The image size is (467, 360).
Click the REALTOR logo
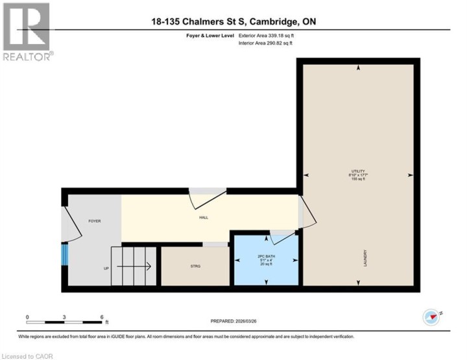coord(27,32)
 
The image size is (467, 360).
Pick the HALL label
coord(204,218)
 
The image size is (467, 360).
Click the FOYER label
coord(95,221)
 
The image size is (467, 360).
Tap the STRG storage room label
coord(195,265)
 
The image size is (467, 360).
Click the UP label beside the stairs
coord(106,268)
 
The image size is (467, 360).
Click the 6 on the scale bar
coord(102,317)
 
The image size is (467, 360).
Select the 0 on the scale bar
coord(27,317)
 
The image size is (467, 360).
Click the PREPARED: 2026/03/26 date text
coord(238,321)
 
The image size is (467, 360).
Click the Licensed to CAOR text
coord(28,355)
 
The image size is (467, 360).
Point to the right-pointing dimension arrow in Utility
coord(410,175)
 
